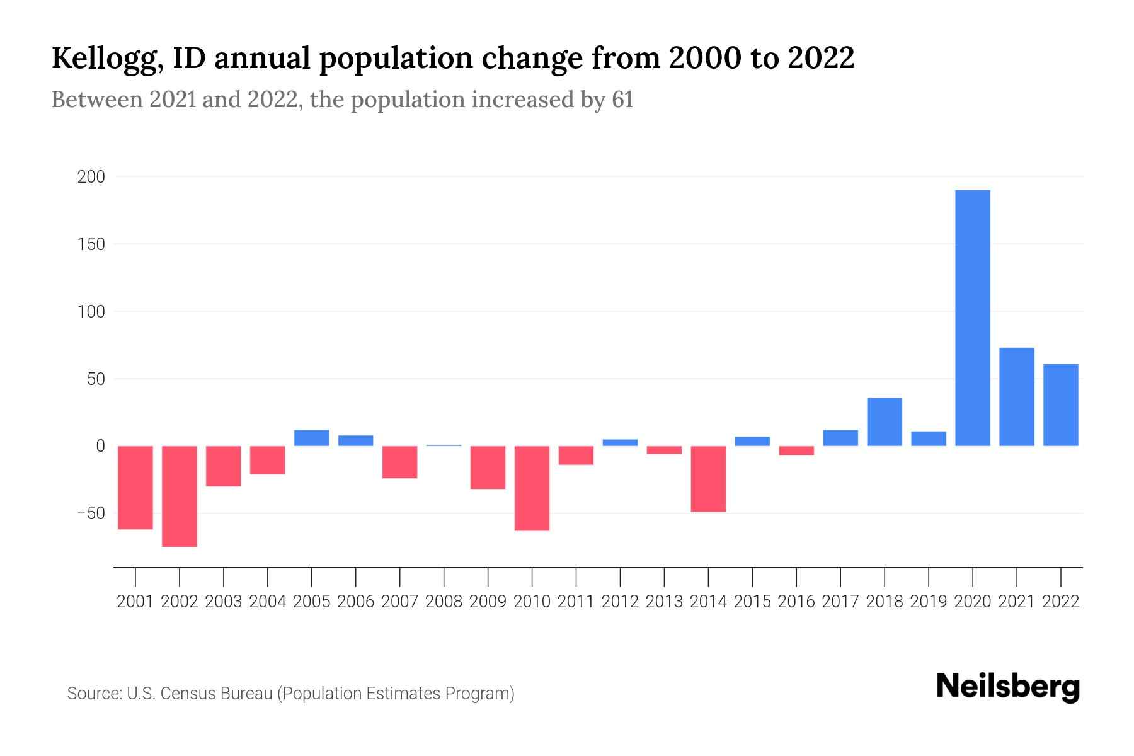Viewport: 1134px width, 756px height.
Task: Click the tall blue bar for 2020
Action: [973, 318]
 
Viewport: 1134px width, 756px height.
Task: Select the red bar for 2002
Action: [180, 496]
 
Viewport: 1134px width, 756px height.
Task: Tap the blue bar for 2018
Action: [885, 422]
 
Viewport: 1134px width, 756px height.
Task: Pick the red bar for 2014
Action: [708, 479]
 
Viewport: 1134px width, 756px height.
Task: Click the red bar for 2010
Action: [532, 488]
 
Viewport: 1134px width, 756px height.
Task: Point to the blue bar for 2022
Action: [1061, 405]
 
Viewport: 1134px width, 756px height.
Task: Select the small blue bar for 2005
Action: [312, 438]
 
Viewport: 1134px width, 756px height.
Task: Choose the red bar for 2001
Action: [135, 488]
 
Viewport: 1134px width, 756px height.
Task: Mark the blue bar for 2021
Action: [1017, 397]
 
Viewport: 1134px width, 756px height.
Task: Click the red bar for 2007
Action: [399, 462]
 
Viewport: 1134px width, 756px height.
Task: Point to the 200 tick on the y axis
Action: [91, 177]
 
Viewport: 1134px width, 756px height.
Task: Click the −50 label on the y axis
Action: [91, 513]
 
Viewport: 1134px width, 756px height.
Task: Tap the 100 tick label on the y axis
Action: [91, 312]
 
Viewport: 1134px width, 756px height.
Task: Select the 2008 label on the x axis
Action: [444, 602]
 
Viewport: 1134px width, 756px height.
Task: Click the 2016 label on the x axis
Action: [796, 602]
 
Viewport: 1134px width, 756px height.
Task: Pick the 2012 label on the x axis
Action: [620, 602]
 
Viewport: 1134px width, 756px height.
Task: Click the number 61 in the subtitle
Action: [622, 100]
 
